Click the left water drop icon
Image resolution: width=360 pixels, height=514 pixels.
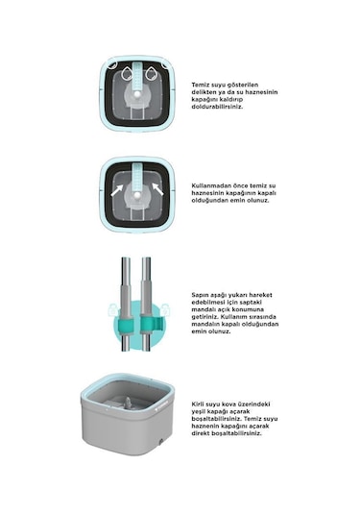click(x=127, y=74)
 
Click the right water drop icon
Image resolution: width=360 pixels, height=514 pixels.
click(x=151, y=74)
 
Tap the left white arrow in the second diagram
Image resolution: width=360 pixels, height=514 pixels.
click(x=116, y=190)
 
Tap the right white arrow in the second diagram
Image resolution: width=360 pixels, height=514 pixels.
click(x=157, y=189)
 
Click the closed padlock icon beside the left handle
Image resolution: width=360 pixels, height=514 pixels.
click(x=111, y=309)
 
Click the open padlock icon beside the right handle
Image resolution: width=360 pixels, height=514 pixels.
click(x=166, y=309)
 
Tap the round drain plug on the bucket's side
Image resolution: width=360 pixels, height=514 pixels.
click(x=160, y=442)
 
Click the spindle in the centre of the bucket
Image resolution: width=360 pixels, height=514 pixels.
click(x=128, y=402)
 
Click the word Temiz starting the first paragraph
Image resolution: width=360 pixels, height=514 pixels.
click(x=200, y=85)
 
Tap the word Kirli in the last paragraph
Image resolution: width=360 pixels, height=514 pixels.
click(x=199, y=404)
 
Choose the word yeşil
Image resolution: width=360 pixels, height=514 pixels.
click(x=199, y=412)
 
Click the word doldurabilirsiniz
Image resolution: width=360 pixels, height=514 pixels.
click(x=218, y=107)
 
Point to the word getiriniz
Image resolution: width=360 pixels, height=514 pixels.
click(x=204, y=317)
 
